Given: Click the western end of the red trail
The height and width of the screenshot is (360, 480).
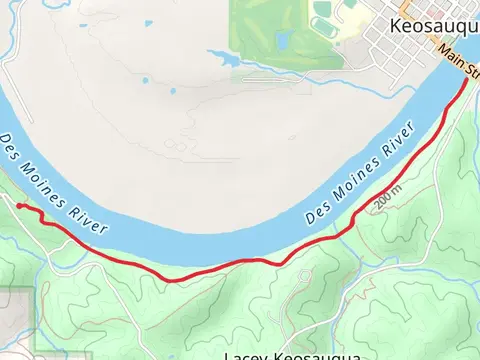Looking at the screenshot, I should point(19,205).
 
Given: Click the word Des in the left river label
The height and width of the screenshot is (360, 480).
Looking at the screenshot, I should point(11,147).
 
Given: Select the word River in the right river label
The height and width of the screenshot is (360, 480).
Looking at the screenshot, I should point(399,141).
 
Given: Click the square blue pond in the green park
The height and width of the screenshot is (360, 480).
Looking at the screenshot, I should point(283,40).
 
